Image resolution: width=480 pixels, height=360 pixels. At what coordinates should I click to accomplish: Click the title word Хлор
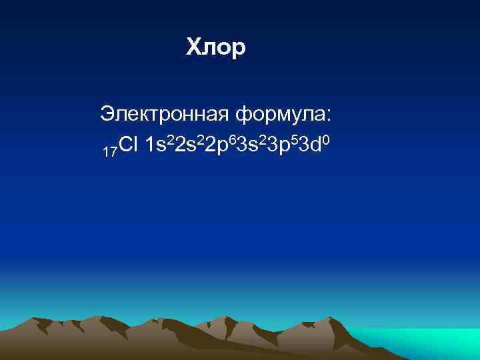pos(216,47)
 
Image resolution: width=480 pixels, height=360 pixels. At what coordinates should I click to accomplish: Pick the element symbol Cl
pos(128,145)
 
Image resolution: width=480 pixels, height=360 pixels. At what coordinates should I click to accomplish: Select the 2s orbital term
pos(185,145)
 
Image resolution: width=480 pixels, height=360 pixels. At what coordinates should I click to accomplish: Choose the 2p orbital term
pos(215,145)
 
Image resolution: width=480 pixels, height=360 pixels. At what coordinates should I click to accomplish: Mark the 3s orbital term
pos(245,145)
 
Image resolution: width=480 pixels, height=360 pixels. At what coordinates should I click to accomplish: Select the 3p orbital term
pos(275,145)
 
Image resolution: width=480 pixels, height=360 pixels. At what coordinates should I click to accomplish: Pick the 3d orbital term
pos(305,145)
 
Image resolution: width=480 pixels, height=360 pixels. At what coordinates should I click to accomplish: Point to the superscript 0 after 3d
pos(321,138)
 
